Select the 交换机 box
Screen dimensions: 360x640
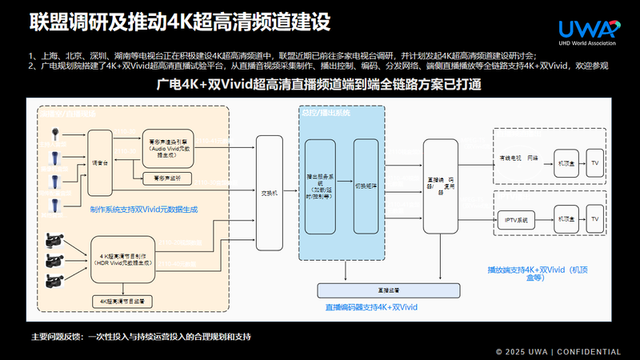(x=270, y=193)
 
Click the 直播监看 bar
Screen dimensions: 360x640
(x=368, y=290)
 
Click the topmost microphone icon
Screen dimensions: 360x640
(x=54, y=135)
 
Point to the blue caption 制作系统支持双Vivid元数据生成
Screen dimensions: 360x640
(x=144, y=210)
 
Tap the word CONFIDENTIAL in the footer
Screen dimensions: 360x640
(x=588, y=351)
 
